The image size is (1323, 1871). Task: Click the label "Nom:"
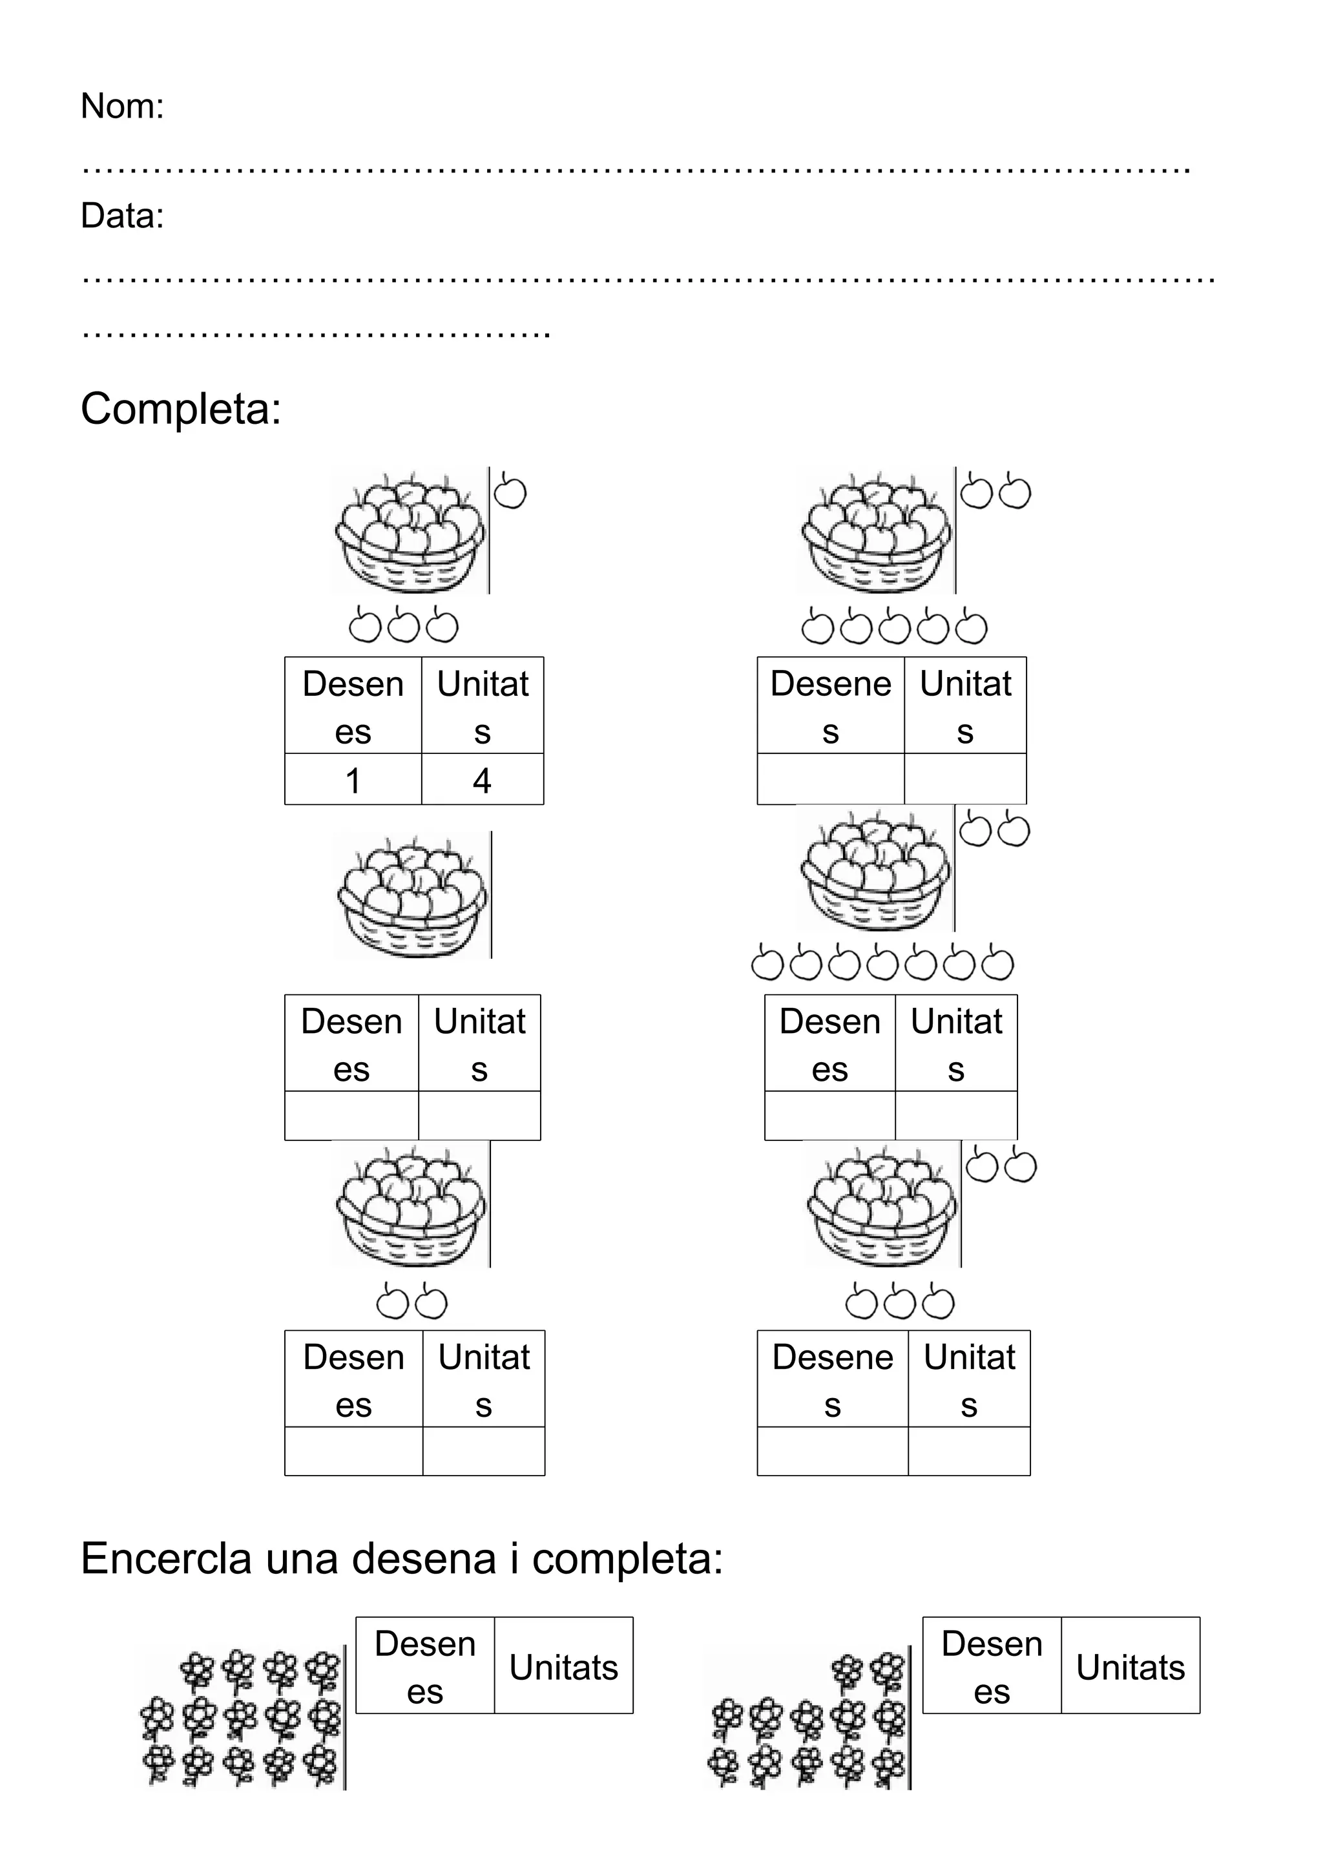122,107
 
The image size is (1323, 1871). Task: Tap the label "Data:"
122,216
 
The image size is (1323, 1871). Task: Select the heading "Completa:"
181,408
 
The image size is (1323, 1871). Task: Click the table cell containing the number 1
353,780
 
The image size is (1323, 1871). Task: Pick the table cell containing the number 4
483,780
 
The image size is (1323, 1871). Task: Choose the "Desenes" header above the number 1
353,707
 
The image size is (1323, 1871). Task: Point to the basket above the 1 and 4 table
410,530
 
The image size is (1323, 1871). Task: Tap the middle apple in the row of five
895,627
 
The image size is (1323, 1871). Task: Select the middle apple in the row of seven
883,964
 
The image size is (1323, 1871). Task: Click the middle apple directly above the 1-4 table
403,626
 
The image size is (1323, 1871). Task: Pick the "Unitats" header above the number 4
483,707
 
